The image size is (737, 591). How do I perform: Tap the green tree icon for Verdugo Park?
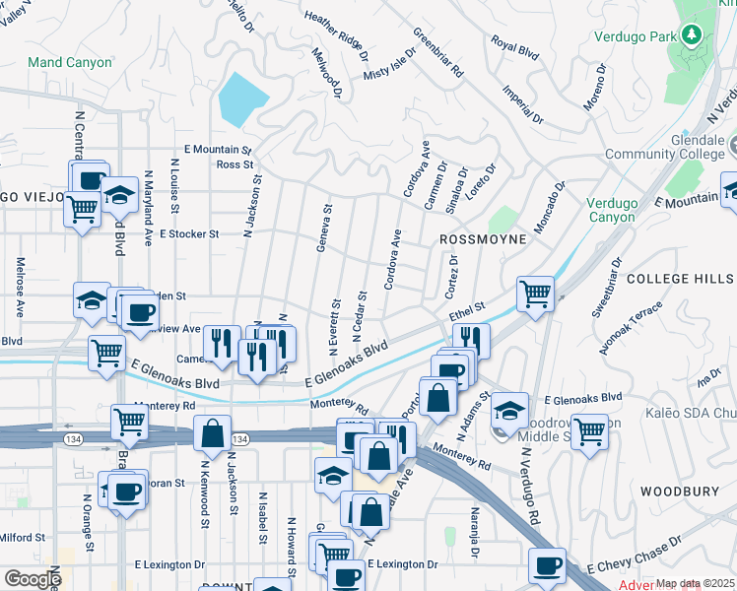click(x=692, y=36)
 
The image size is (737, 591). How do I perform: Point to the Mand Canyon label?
click(x=70, y=62)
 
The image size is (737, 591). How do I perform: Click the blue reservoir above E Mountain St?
click(x=242, y=98)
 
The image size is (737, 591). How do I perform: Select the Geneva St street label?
click(x=323, y=228)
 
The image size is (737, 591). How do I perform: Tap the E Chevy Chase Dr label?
click(x=635, y=555)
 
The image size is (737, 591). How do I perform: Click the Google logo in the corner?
click(x=32, y=579)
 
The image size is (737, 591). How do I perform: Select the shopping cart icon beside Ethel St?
click(x=535, y=293)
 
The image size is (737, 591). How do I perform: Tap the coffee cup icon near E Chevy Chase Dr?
click(x=547, y=565)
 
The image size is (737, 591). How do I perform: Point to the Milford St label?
click(x=23, y=537)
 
